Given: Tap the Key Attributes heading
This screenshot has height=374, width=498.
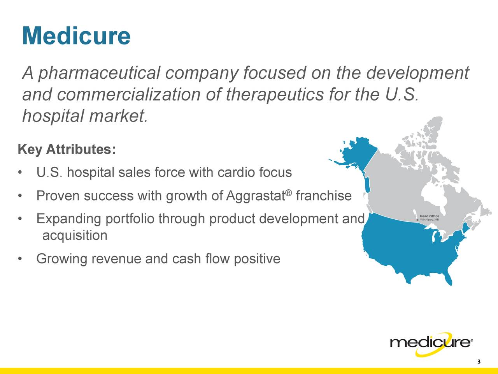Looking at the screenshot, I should (67, 150).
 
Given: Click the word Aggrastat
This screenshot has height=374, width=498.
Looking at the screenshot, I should (255, 196).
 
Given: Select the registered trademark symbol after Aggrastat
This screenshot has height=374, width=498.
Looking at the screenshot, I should (288, 192).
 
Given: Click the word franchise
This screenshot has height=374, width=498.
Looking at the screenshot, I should (323, 196).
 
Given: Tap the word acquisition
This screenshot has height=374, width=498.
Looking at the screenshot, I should (74, 236).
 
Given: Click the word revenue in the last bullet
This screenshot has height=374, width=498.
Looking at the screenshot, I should (117, 259).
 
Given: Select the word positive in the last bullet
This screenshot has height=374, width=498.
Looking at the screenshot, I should (257, 259).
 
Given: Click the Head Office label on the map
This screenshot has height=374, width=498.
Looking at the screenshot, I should (430, 216).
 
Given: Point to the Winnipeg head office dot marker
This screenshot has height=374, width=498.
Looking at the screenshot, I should (417, 220).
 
